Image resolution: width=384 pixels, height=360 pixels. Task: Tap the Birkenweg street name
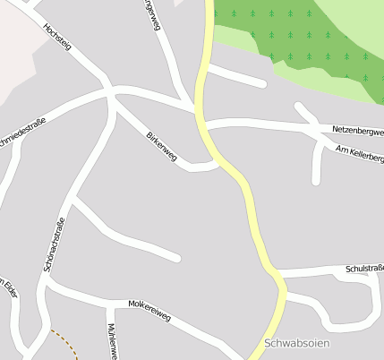[162, 147]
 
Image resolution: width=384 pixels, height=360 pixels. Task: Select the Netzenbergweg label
[357, 132]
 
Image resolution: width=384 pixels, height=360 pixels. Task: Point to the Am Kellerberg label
[358, 154]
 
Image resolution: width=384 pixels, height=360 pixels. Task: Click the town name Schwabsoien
[298, 344]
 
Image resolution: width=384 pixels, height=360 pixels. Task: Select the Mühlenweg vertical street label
[113, 341]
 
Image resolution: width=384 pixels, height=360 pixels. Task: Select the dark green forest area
[295, 36]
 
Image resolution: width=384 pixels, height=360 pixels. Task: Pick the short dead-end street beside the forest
[237, 77]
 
